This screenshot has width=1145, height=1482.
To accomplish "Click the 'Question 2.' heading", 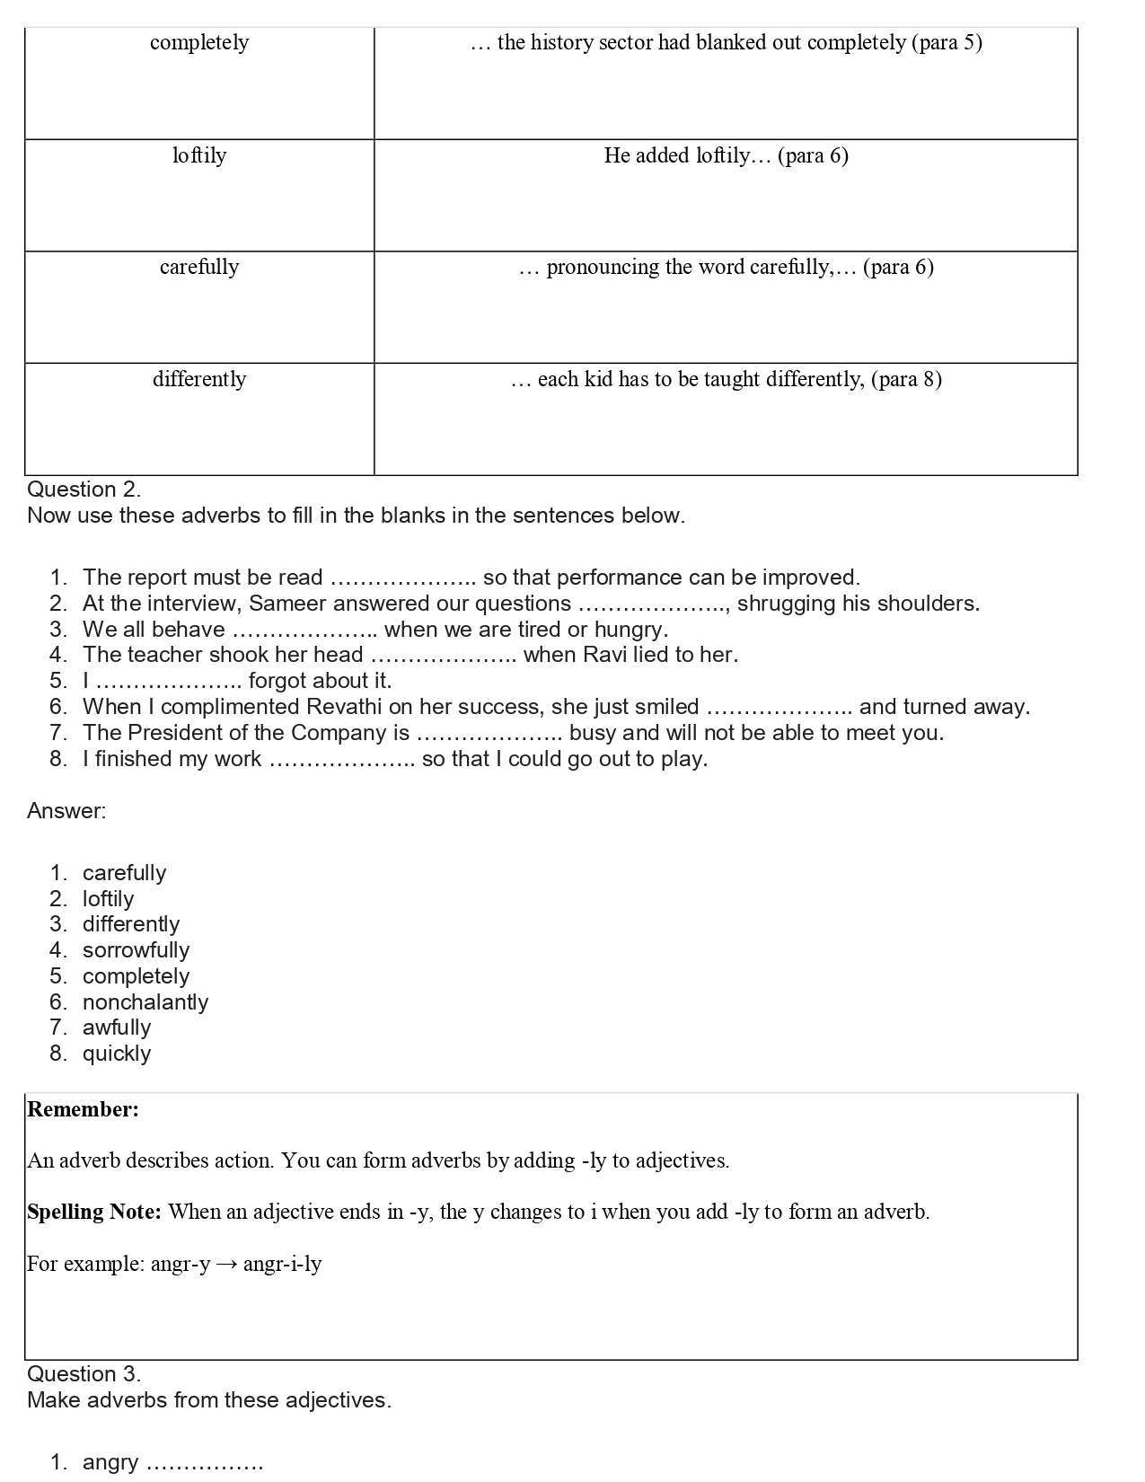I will coord(84,490).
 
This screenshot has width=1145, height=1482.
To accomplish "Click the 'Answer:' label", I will coord(66,811).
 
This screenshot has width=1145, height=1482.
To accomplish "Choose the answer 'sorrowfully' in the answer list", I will coord(136,950).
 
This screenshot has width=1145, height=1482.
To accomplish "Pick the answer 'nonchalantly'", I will coord(145,1002).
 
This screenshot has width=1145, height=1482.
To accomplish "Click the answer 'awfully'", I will coord(117,1028).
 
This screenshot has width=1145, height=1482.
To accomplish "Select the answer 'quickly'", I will coord(117,1054).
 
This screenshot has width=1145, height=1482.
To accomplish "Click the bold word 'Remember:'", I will coord(83,1109).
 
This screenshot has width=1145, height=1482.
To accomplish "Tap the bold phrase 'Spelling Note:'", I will coord(93,1212).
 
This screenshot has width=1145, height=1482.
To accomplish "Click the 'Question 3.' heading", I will coord(84,1374).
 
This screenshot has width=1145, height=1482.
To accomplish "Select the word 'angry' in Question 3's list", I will coord(110,1462).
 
